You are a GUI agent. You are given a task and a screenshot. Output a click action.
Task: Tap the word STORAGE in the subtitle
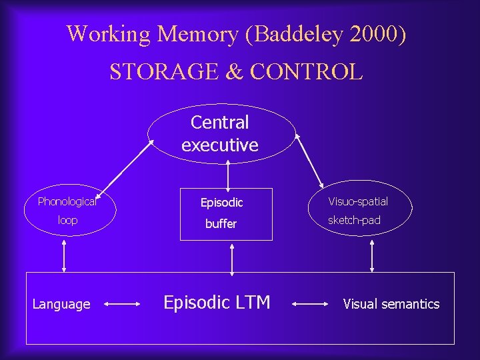point(158,71)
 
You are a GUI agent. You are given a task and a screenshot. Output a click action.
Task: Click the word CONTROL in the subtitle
point(307,71)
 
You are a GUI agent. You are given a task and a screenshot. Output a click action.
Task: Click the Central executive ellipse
point(220,133)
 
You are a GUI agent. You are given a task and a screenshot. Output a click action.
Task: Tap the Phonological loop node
point(67,210)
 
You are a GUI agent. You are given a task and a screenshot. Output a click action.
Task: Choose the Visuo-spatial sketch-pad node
point(358,211)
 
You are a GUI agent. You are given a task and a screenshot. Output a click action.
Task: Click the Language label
point(61,305)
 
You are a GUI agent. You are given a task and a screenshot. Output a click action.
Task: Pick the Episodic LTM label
point(217,303)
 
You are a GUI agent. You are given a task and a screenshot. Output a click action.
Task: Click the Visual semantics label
point(391,305)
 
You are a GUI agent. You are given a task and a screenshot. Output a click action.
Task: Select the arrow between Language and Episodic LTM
point(121,305)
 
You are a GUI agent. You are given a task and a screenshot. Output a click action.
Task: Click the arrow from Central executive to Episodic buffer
point(229,175)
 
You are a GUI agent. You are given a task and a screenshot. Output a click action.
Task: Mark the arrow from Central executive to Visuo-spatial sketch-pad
point(309,160)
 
